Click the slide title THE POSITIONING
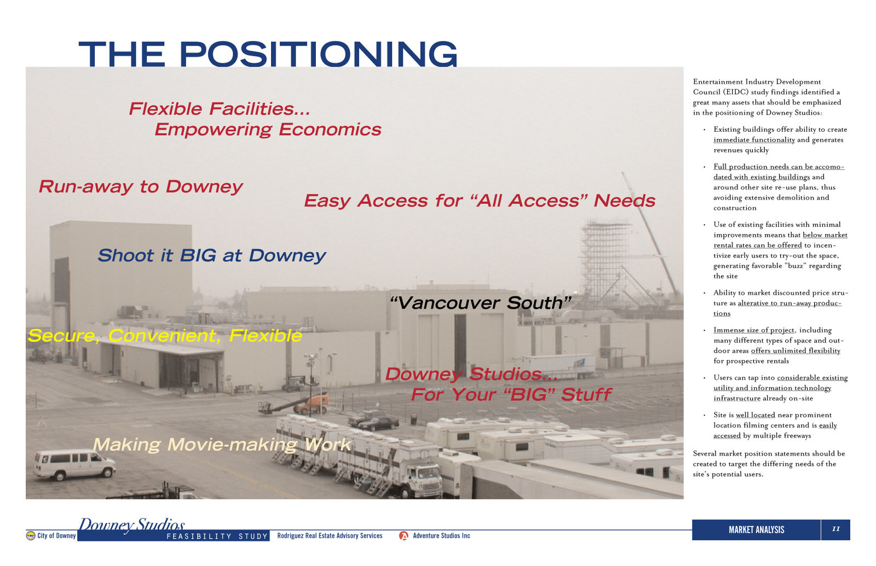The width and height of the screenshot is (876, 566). coord(268,54)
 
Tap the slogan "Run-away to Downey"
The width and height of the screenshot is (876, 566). coord(141,186)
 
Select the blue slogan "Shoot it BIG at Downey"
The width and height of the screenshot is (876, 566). coord(211,256)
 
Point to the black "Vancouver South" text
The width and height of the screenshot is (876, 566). coord(481,303)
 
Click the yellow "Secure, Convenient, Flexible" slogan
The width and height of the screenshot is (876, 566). coord(165,336)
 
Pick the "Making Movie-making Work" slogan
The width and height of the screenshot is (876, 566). coord(222,445)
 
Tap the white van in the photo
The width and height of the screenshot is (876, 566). coord(74,464)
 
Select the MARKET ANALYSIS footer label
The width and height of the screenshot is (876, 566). coord(756,530)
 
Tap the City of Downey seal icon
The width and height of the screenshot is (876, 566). coord(31,535)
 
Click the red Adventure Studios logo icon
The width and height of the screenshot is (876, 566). coord(404,536)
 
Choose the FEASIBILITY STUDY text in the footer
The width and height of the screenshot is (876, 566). coord(217,536)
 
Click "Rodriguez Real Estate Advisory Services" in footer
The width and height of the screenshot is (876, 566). coord(330,535)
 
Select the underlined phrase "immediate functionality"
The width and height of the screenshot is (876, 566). coord(754,140)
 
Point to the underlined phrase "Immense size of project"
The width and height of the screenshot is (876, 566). coord(753,330)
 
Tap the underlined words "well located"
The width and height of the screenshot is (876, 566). coord(755,415)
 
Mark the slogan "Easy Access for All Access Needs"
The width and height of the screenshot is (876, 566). coord(480,201)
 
